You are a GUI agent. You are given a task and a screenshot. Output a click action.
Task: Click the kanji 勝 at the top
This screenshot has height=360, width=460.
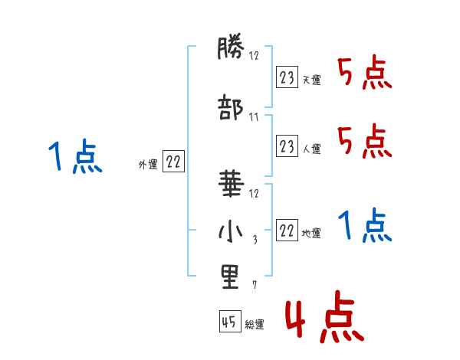point(229,51)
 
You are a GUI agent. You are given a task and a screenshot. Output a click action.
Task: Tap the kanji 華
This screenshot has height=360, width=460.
point(229,184)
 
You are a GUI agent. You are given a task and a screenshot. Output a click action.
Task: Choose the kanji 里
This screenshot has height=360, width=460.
point(229,277)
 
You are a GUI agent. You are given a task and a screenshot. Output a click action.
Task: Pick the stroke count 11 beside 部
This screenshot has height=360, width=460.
point(254,117)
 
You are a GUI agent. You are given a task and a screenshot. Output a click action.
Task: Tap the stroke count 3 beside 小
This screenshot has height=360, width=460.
point(255,240)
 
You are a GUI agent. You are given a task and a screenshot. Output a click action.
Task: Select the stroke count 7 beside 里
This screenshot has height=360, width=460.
point(255,286)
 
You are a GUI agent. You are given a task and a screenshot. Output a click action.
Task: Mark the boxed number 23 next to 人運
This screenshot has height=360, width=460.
point(287,145)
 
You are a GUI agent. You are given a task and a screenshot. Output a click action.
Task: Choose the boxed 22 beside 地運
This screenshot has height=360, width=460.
point(287,229)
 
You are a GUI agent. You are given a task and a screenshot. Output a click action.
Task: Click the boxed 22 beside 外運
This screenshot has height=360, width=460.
point(173,161)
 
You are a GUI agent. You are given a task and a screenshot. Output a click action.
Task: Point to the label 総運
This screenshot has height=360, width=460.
point(255,325)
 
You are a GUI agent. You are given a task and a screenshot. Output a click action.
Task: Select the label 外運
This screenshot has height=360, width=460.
point(148,164)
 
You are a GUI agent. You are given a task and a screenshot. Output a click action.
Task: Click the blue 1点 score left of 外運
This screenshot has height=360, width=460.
point(74,158)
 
